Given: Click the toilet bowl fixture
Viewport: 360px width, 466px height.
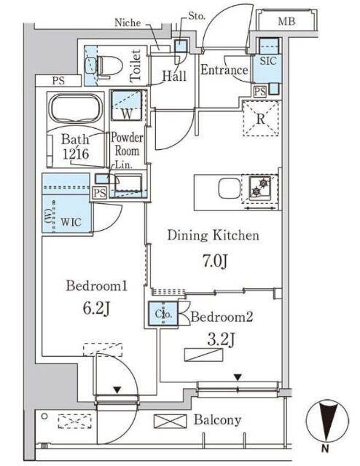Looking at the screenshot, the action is tap(110, 67).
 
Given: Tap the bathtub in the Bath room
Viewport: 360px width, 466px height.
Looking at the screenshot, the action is tap(77, 108).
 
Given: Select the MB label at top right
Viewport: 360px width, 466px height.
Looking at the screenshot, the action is tap(286, 21).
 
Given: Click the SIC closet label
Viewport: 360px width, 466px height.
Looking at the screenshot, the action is tap(267, 61).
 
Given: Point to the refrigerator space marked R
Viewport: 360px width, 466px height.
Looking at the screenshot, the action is tap(261, 119).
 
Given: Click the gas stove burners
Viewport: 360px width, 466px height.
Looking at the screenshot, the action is tap(259, 187).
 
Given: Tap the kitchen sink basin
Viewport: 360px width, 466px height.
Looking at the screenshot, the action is tap(230, 188).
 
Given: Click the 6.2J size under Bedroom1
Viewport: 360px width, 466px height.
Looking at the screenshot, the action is tap(96, 308).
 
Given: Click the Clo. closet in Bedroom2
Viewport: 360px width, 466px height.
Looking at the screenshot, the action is tap(163, 314).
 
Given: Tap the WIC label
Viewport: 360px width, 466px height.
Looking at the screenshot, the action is tap(71, 221).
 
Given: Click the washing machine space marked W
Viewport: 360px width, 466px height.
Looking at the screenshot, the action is tap(127, 105).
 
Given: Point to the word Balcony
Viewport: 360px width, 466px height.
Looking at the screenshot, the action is tap(217, 420).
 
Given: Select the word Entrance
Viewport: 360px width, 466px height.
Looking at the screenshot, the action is tap(224, 70).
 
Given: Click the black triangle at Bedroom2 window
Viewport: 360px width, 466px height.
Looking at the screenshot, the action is tap(238, 377).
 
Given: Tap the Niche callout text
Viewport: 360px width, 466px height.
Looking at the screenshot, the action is tap(128, 23).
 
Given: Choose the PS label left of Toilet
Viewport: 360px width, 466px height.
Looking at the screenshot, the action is tap(58, 81).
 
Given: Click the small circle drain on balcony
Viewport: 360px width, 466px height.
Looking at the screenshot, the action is tap(44, 416).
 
